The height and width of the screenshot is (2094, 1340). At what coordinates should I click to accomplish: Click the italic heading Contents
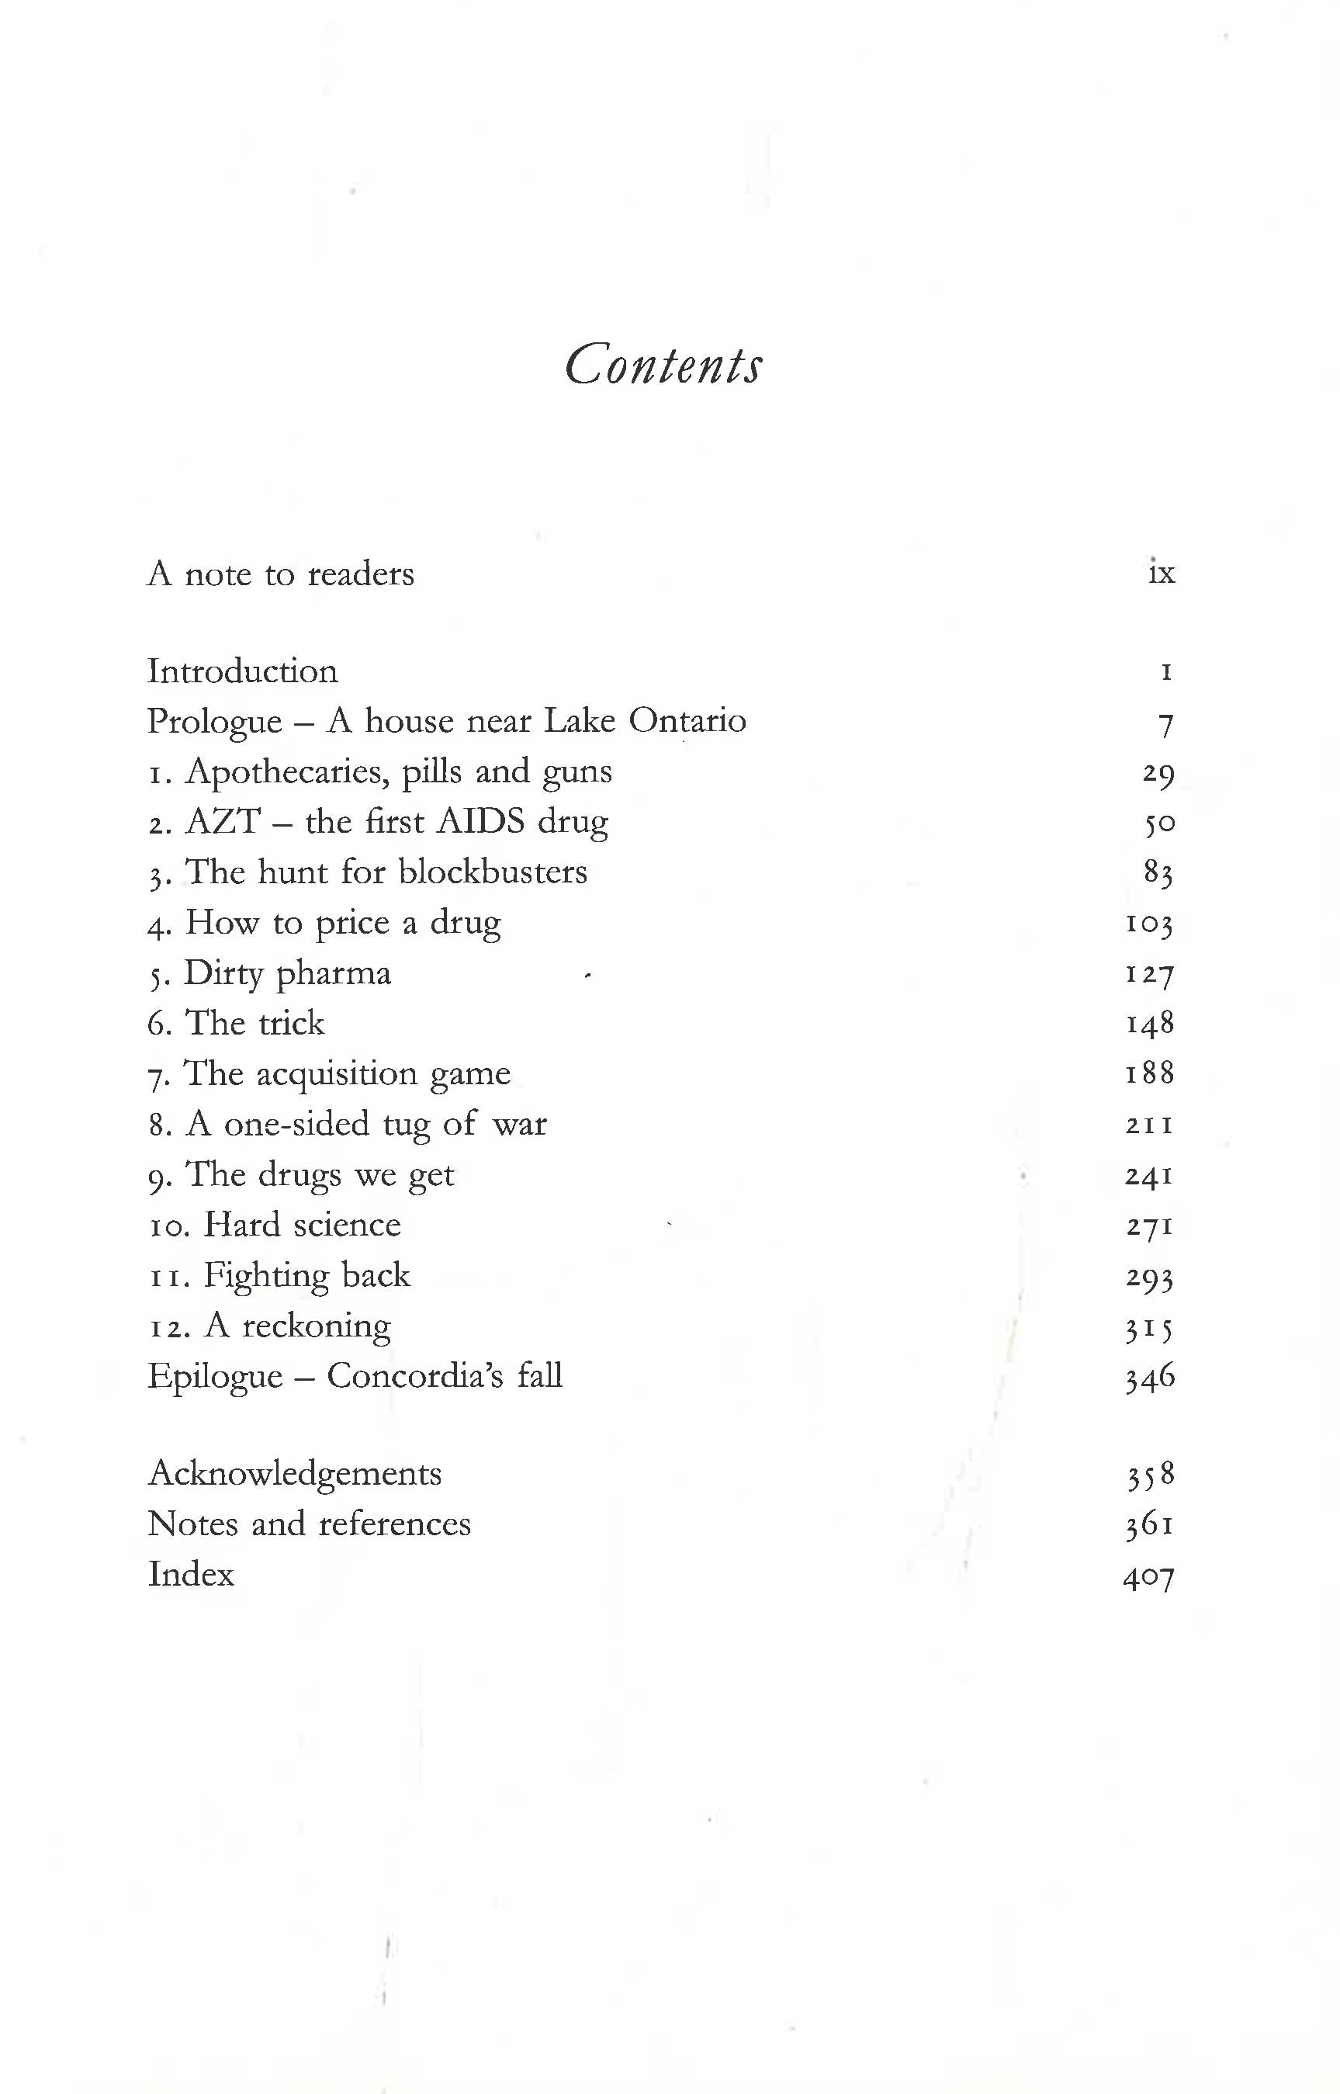click(x=663, y=365)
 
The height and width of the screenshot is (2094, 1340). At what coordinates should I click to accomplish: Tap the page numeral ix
click(x=1161, y=573)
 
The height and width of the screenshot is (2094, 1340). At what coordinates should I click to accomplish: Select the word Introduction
click(x=243, y=671)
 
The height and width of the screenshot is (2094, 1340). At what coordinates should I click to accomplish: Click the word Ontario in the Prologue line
click(x=687, y=720)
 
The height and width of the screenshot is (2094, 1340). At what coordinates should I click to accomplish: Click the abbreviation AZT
click(x=223, y=822)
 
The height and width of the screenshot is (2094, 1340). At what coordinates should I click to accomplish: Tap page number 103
click(x=1148, y=923)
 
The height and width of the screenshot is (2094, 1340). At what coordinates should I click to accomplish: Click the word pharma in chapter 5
click(x=334, y=974)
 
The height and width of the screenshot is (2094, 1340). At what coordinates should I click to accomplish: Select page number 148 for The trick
click(x=1149, y=1024)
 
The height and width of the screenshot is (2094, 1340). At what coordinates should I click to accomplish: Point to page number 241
click(x=1148, y=1176)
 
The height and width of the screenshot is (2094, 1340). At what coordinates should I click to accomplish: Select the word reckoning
click(x=316, y=1326)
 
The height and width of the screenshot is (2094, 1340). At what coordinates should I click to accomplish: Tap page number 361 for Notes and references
click(x=1148, y=1525)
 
